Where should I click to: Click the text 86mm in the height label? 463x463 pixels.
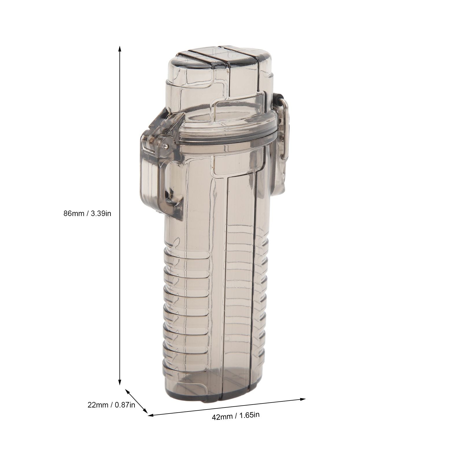pyautogui.click(x=73, y=213)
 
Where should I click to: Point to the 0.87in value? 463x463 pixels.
pyautogui.click(x=125, y=405)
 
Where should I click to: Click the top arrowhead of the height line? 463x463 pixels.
pyautogui.click(x=119, y=48)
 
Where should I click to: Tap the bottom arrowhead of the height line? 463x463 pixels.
pyautogui.click(x=119, y=383)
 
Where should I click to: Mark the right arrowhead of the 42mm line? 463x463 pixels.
pyautogui.click(x=303, y=399)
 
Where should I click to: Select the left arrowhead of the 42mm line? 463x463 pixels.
pyautogui.click(x=151, y=416)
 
